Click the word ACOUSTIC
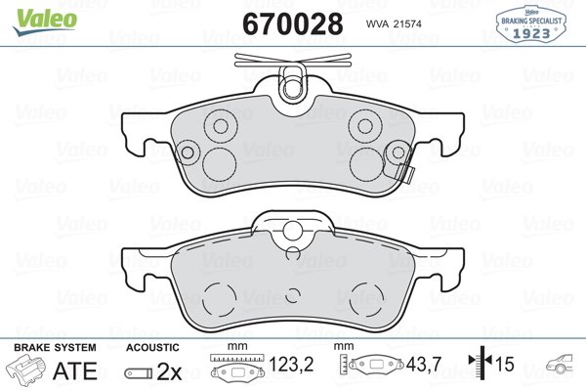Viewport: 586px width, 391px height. point(152,348)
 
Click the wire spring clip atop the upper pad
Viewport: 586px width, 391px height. point(292,78)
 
